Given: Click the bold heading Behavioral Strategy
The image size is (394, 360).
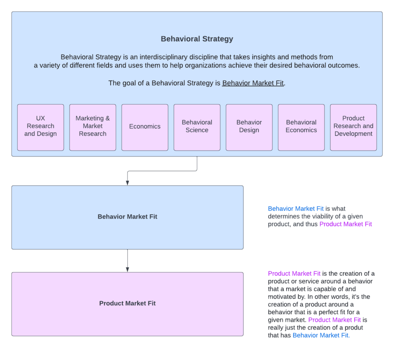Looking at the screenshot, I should point(197,39).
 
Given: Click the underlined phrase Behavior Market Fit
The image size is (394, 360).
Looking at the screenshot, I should point(253,83).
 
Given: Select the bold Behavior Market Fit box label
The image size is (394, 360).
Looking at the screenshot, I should point(127,217).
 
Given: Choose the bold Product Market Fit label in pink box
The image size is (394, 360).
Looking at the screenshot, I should point(127,303).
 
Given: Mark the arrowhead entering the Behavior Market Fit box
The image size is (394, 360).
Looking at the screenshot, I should point(127,183).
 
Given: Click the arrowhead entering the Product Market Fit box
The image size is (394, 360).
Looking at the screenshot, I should point(127,269).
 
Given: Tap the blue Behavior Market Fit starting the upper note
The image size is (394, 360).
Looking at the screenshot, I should point(295,209).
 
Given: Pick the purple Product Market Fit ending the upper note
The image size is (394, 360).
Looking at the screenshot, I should point(346,224).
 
